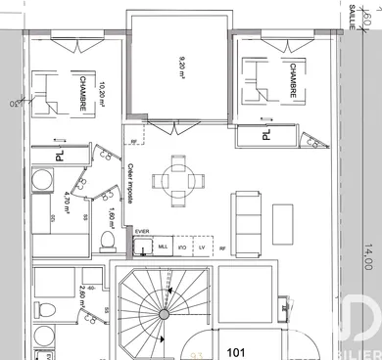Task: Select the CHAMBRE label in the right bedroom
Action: pyautogui.click(x=293, y=80)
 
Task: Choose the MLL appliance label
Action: pyautogui.click(x=163, y=248)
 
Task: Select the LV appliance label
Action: pyautogui.click(x=202, y=248)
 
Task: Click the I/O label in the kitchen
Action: pyautogui.click(x=182, y=248)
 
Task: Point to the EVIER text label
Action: pyautogui.click(x=142, y=233)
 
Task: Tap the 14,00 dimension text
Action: pyautogui.click(x=367, y=257)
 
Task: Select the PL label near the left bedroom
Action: pyautogui.click(x=59, y=154)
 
